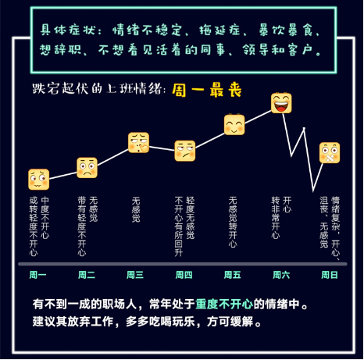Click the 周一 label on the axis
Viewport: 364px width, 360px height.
[37, 275]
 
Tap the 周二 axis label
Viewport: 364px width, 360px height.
[87, 275]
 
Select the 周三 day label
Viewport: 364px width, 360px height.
[135, 275]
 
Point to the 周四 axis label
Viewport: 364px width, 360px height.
[184, 275]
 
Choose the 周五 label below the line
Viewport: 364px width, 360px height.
[233, 275]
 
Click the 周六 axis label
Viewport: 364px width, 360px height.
[281, 275]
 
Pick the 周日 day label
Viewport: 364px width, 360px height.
[330, 275]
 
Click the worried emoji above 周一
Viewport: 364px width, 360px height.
[38, 179]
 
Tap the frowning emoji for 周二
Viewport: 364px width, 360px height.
[87, 168]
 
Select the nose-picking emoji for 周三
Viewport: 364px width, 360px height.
[138, 143]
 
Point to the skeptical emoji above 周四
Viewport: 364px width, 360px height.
[185, 151]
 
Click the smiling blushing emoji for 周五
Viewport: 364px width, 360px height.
[234, 125]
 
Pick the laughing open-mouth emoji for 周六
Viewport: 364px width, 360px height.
[281, 103]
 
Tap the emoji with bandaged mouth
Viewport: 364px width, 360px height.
[330, 153]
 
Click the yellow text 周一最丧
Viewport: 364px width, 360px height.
[207, 90]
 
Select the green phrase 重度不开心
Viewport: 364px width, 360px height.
[224, 304]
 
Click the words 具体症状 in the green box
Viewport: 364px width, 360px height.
[67, 30]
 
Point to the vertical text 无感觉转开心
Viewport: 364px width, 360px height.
[233, 222]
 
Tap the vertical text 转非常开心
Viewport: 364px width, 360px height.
[276, 218]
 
